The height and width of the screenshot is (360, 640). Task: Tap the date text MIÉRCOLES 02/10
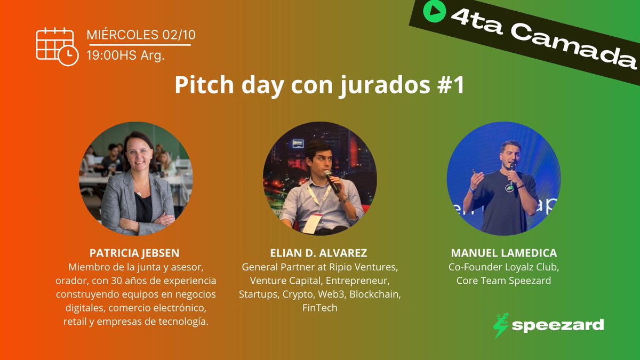click(x=141, y=36)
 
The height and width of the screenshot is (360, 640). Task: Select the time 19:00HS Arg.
click(x=126, y=55)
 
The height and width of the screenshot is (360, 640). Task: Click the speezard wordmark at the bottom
click(x=557, y=324)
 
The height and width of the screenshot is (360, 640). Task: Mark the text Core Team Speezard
click(x=503, y=280)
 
